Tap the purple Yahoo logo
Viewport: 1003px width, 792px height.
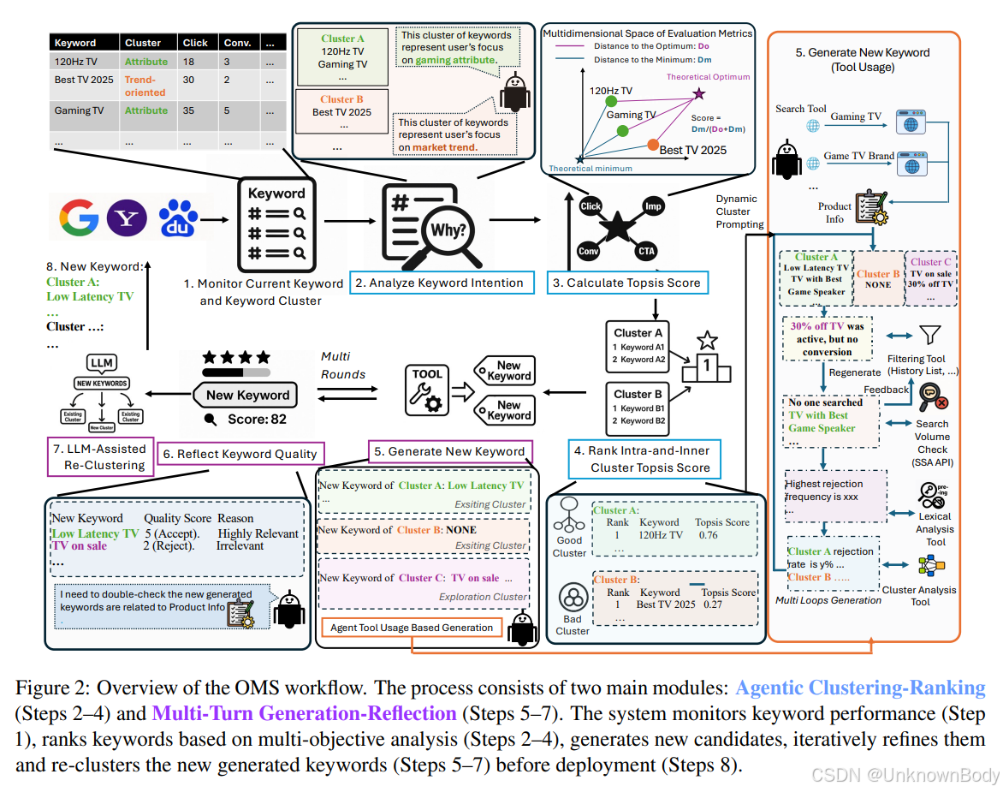coord(128,217)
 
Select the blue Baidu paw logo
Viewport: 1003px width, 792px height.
coord(177,217)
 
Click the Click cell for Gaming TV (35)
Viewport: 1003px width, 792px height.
coord(188,111)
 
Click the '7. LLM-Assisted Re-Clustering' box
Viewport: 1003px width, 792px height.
coord(98,456)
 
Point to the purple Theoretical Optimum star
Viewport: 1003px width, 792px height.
coord(699,92)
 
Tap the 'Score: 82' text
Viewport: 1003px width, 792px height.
coord(256,420)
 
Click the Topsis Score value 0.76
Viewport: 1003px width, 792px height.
coord(707,535)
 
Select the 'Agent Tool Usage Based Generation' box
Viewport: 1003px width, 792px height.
coord(412,628)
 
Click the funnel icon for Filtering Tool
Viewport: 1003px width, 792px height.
coord(928,336)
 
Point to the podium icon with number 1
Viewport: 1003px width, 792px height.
coord(708,359)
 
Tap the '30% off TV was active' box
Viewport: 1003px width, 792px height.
coord(827,338)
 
